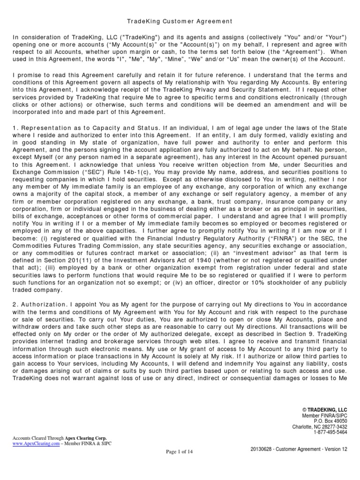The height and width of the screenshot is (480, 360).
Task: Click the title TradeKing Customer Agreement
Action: coord(180,22)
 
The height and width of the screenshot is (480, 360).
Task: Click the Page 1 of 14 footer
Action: coord(180,451)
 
